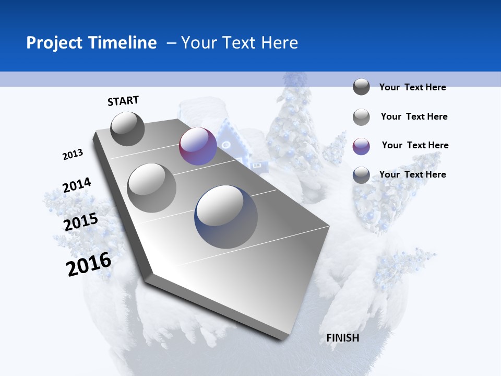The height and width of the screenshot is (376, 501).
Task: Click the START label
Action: [123, 101]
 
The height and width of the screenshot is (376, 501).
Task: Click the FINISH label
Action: [343, 338]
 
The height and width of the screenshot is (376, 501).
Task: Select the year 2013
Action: [73, 155]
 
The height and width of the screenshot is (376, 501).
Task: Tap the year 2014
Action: [77, 185]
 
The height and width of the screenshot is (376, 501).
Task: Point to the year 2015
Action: [81, 222]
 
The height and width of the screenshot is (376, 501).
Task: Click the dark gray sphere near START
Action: [128, 128]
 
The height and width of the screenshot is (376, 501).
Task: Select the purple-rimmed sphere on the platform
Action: [198, 147]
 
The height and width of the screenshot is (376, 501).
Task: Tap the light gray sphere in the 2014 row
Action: [152, 188]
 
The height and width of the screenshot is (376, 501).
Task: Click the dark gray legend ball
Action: [361, 87]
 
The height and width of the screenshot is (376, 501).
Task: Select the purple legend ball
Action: [361, 146]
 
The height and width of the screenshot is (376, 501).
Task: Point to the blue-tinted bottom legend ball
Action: [361, 175]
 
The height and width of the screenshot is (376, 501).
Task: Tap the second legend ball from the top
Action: [361, 117]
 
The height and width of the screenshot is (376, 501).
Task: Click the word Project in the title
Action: [55, 43]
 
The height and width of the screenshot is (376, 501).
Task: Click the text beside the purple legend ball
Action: [415, 145]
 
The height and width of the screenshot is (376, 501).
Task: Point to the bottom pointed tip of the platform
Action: [282, 338]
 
